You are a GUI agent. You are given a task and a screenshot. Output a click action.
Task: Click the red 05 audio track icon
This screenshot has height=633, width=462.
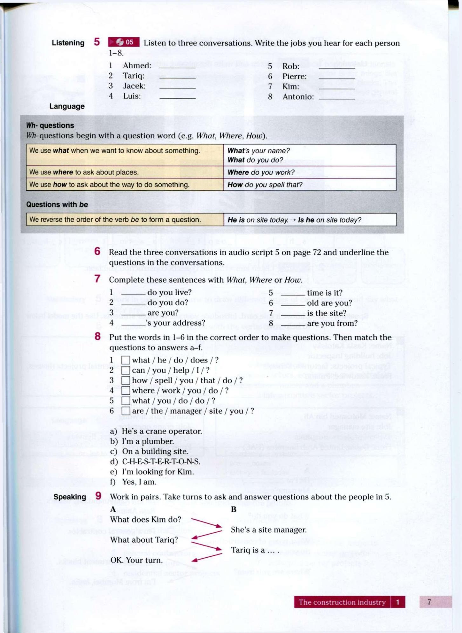(124, 42)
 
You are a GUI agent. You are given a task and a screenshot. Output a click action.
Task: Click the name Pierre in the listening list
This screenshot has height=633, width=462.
(294, 76)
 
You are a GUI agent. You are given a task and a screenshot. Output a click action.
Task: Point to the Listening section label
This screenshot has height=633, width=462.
(68, 43)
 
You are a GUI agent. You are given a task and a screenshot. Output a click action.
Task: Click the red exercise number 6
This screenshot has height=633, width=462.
(97, 251)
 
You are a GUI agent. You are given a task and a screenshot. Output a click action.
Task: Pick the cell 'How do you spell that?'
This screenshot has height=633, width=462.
(265, 185)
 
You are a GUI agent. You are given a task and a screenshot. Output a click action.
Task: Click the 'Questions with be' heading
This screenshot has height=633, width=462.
(57, 204)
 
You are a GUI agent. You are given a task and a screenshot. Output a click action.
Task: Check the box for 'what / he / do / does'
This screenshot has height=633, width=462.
(126, 360)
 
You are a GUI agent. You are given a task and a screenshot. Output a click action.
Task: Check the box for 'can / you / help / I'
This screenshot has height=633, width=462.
(126, 370)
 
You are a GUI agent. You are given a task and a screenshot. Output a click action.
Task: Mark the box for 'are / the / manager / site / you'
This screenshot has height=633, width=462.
(126, 411)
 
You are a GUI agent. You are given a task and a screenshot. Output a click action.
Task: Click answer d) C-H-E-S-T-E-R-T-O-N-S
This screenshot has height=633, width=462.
(161, 461)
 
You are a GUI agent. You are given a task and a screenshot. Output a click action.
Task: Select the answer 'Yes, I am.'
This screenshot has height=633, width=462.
(139, 482)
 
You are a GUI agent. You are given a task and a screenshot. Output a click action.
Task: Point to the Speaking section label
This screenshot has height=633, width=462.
(70, 497)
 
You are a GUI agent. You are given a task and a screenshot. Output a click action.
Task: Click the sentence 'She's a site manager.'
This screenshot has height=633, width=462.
(268, 530)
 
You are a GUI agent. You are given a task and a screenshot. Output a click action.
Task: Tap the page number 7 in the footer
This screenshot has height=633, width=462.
(429, 602)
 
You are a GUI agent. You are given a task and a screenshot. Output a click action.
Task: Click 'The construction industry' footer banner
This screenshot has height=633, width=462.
(342, 602)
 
